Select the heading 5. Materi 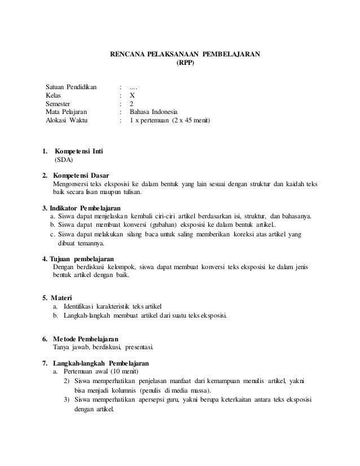pyautogui.click(x=57, y=297)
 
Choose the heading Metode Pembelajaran pyautogui.click(x=85, y=338)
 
